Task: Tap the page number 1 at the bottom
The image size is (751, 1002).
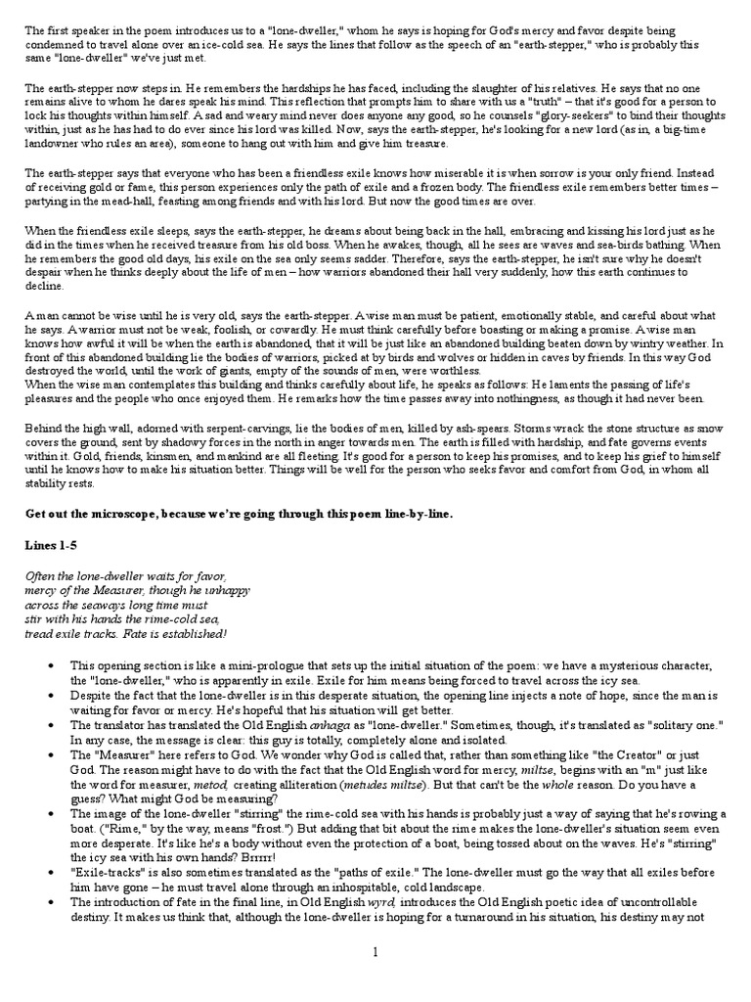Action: coord(375,977)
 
